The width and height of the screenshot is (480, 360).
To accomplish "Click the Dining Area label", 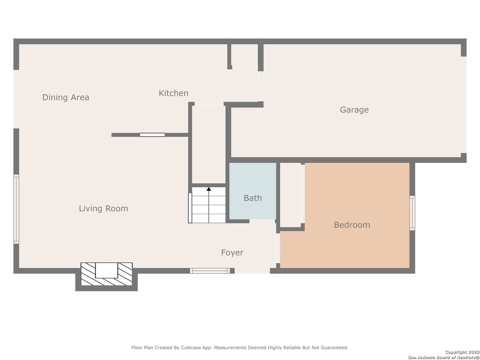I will pos(66,97).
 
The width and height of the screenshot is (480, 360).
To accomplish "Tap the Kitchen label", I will pos(173,93).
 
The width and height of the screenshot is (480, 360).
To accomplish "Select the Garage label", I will pos(354,110).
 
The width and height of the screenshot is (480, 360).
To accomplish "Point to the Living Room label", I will pos(103,209).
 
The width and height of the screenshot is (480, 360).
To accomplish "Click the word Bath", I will pos(253,198).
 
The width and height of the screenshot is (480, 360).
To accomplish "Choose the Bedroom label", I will pos(352,225).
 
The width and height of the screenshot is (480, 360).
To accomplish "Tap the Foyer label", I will pos(232,253).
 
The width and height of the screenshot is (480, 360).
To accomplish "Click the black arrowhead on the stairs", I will pos(209,189).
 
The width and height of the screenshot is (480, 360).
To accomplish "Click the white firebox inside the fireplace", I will pos(107,270).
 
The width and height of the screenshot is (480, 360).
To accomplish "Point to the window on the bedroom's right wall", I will pos(412,213).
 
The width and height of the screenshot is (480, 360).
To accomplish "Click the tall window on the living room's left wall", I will pos(16,209).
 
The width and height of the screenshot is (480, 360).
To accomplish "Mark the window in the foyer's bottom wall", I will pos(210,271).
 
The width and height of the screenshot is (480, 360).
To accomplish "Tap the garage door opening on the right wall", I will pos(463,105).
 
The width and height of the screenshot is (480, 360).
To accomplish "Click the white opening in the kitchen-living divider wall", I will pos(152,135).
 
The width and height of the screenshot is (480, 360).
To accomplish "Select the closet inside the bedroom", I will pos(291,195).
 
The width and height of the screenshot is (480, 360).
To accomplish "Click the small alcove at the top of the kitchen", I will pos(245,55).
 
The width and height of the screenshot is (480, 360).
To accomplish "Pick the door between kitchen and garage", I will pos(261,86).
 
